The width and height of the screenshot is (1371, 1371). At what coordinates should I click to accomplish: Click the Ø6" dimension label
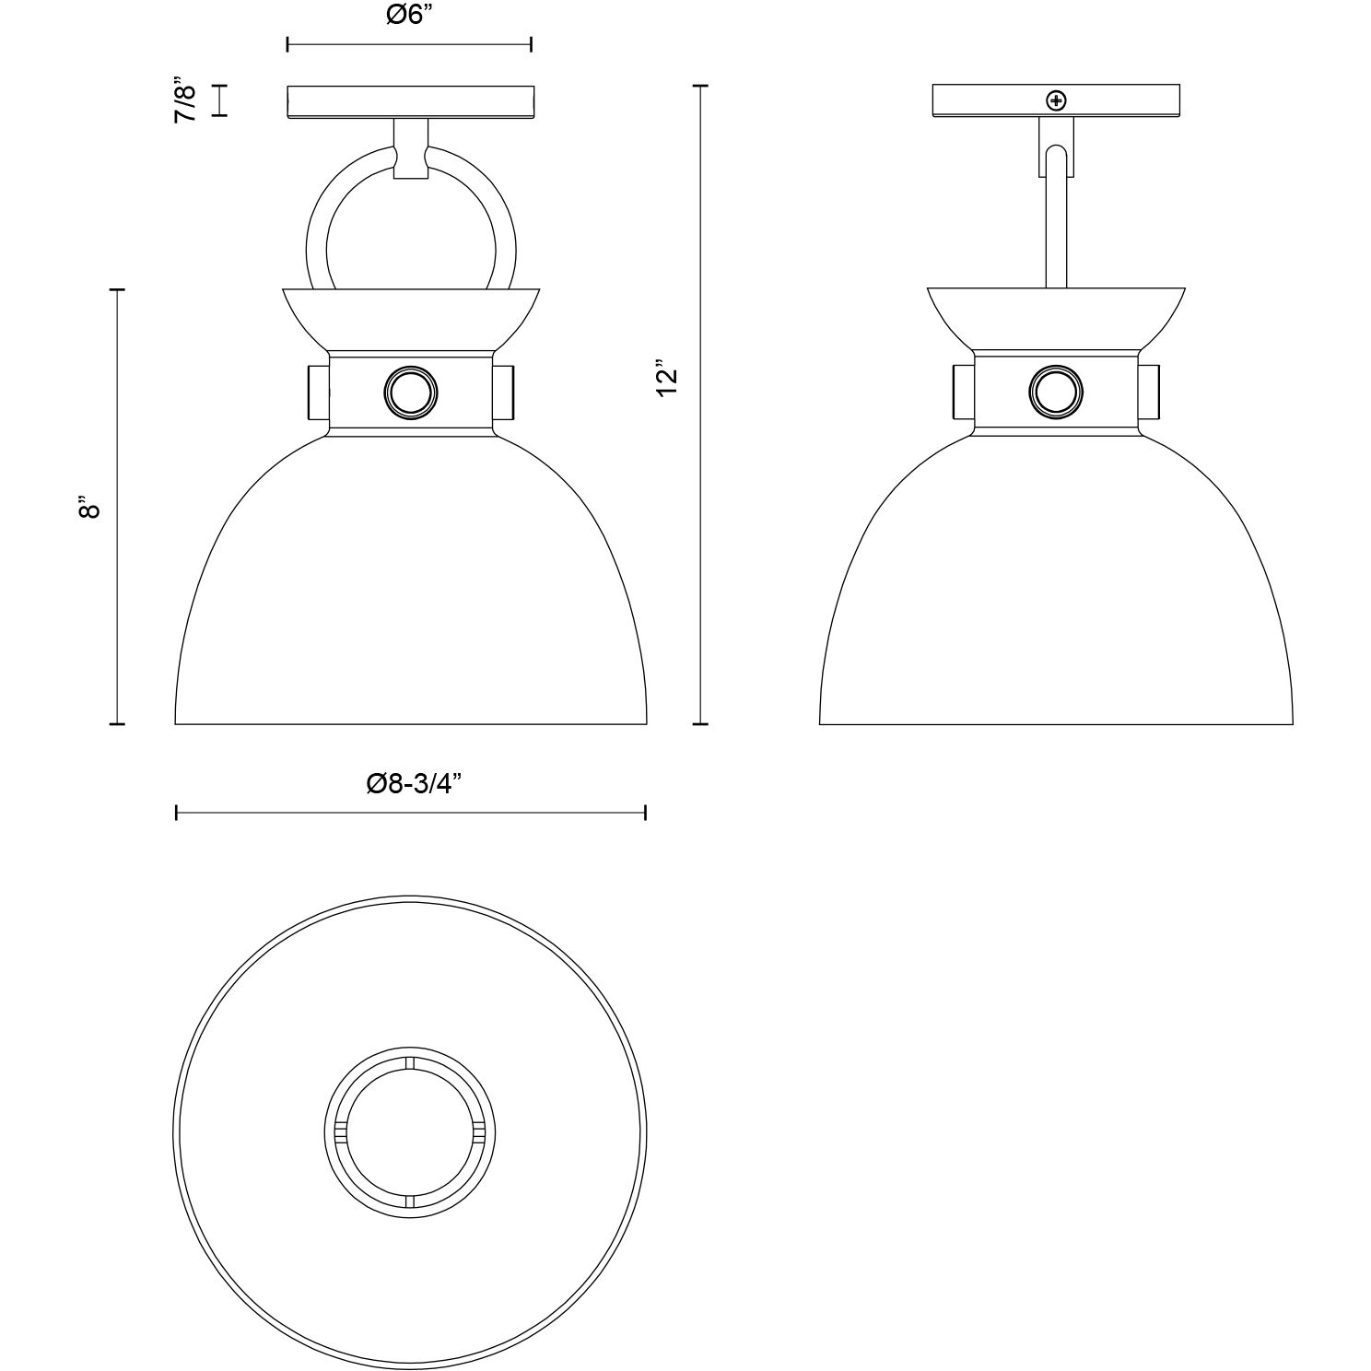pos(409,17)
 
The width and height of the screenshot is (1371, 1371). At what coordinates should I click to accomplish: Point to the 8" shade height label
pos(88,508)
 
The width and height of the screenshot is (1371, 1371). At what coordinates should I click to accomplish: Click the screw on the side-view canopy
pos(1056,100)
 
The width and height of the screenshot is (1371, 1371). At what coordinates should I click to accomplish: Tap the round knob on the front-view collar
pos(410,393)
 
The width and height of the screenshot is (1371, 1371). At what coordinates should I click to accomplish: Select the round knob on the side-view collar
pos(1055,393)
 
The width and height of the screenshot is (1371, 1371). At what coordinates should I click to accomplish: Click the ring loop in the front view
pos(319,221)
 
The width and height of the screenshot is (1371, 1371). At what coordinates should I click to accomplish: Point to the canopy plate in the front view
pos(410,102)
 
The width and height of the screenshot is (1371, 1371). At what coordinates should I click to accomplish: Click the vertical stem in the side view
pos(1056,230)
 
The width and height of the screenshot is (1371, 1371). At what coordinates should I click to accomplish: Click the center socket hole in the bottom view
pos(410,1132)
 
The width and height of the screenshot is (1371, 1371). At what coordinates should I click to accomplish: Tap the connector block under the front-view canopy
pos(410,149)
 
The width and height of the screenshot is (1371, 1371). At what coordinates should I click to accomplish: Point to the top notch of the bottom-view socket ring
pos(410,1064)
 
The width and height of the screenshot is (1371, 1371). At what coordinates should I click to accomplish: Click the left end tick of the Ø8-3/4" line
pos(176,812)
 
